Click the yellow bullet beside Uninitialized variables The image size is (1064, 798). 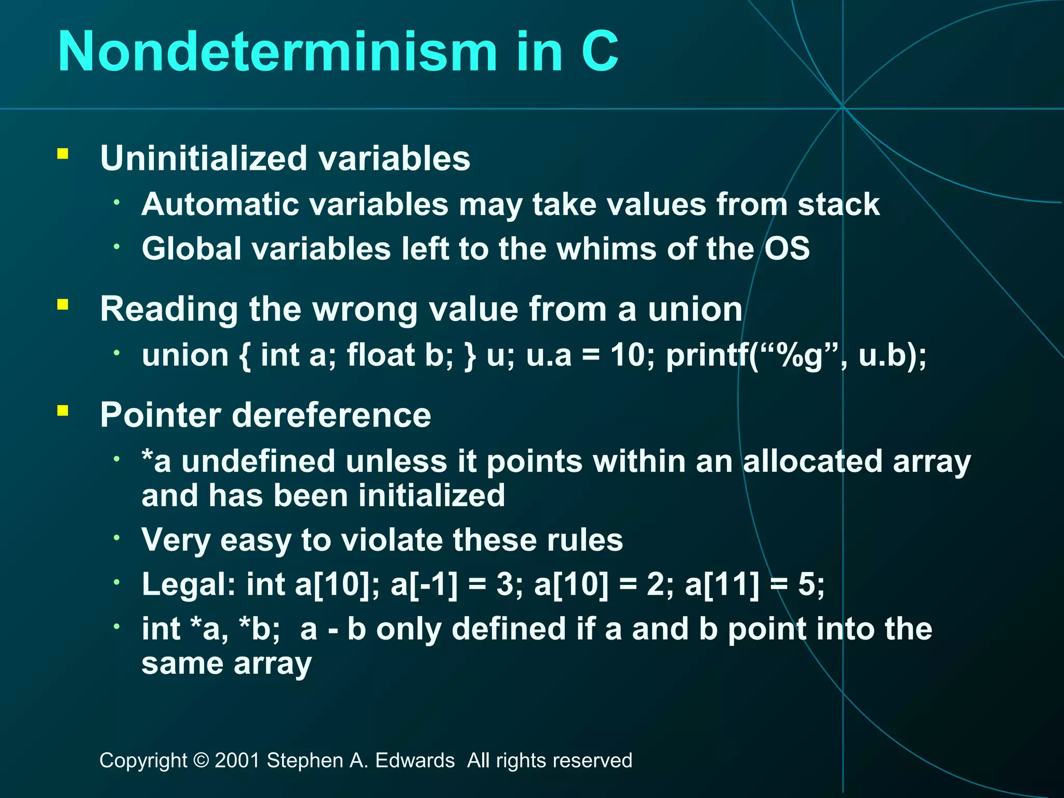[63, 154]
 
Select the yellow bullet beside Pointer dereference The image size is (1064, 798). [63, 411]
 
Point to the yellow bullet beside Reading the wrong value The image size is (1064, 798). [63, 304]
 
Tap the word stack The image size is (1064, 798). [839, 204]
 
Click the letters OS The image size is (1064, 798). [787, 248]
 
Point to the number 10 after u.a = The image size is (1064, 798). [628, 355]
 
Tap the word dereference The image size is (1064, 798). [331, 415]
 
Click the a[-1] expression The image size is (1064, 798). [424, 584]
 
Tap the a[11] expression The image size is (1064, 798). [722, 584]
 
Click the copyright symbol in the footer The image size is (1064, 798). [201, 761]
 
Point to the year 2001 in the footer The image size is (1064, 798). [237, 761]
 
